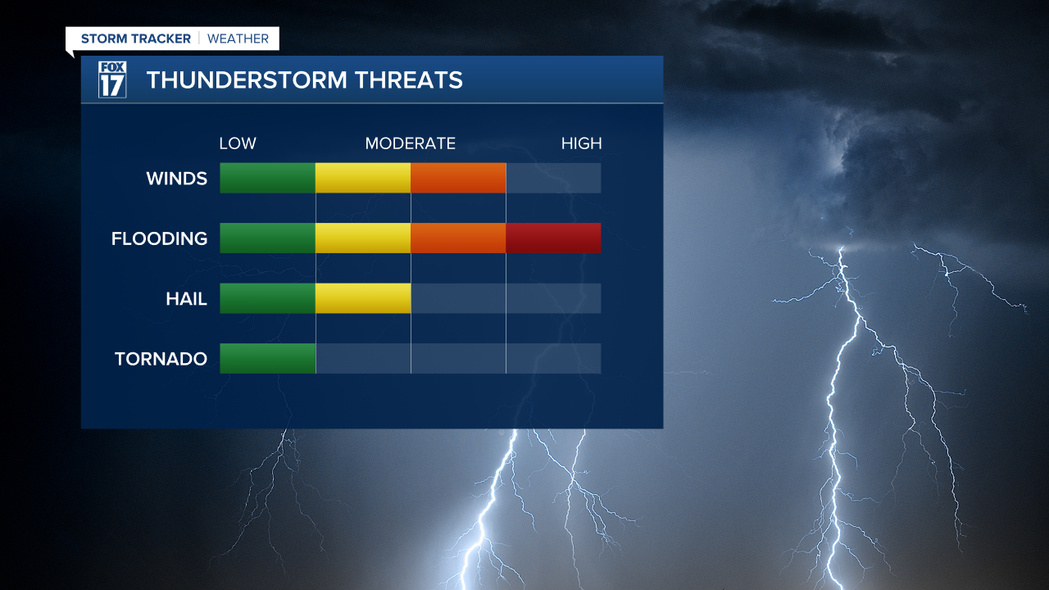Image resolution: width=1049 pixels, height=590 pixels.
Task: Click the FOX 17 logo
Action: [112, 79]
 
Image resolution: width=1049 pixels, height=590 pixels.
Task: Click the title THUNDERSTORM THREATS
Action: [304, 80]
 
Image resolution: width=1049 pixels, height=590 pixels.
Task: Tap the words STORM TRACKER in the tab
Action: [136, 39]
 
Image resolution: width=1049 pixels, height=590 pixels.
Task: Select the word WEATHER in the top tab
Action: [238, 39]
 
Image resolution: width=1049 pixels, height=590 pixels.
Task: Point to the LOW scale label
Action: [238, 143]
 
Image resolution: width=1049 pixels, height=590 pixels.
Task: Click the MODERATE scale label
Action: [410, 143]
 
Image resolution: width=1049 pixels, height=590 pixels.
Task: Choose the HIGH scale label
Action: [581, 143]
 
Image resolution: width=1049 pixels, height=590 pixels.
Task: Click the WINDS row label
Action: [176, 178]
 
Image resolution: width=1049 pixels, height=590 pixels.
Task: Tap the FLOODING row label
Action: [159, 238]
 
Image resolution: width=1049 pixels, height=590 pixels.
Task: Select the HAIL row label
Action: [186, 299]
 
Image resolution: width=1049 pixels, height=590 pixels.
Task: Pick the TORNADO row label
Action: [161, 359]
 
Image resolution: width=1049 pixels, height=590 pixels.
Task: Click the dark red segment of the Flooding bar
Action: [553, 238]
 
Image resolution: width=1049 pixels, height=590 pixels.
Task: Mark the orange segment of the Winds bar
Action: [458, 178]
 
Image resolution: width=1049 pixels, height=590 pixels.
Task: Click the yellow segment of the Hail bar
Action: [363, 298]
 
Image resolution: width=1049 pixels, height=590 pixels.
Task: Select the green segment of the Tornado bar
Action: [268, 358]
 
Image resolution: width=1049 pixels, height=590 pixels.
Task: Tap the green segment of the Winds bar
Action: [268, 178]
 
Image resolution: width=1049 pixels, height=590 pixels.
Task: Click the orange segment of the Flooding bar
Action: [458, 238]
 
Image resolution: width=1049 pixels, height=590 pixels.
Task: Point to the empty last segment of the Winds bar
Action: [553, 178]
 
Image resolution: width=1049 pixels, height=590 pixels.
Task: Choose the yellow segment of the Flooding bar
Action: [363, 238]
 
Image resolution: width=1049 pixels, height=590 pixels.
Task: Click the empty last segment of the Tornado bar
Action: [553, 358]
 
